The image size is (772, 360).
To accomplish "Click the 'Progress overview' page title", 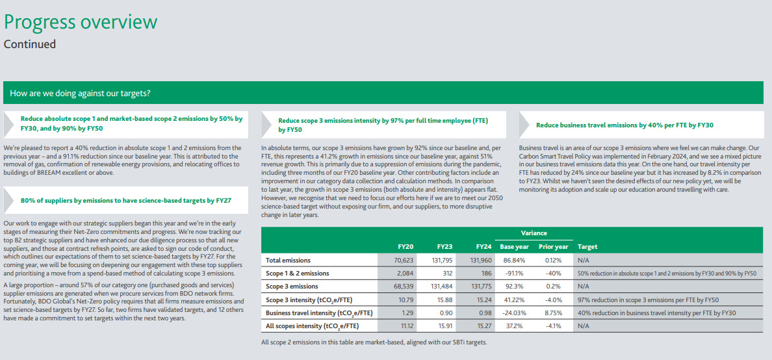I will click(81, 22).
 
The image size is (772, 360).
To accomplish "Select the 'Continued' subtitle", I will click(30, 44).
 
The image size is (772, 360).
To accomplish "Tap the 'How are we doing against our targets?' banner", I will click(81, 93).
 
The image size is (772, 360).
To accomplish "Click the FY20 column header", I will click(405, 247).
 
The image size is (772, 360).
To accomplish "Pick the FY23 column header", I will click(444, 247).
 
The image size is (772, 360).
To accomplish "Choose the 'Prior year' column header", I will click(554, 247).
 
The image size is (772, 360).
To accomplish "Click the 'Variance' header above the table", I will click(534, 233).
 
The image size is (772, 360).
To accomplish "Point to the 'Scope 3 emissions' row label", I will click(292, 286).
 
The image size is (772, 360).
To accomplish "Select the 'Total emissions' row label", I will click(288, 260).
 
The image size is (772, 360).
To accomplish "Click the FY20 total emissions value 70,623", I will click(404, 260).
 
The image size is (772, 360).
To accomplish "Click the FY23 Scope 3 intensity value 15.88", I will click(444, 300).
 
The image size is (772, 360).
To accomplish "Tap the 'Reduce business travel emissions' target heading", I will click(624, 125).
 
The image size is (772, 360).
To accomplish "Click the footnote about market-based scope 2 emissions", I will click(374, 342).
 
